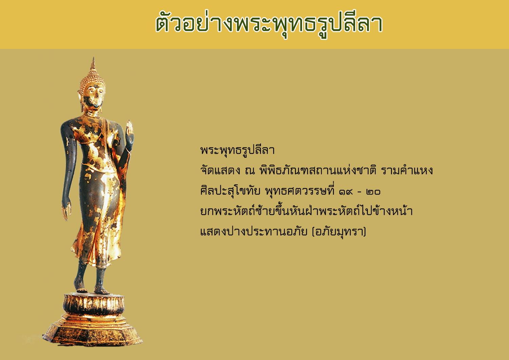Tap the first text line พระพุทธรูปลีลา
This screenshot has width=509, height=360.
point(238,150)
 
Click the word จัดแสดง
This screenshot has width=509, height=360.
point(220,170)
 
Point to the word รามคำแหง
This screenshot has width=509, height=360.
point(407,170)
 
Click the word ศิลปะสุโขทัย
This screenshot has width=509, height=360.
point(230,191)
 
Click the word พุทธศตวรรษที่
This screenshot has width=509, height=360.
point(300,191)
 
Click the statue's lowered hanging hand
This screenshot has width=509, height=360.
point(66,210)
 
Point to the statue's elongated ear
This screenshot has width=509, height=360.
point(80,101)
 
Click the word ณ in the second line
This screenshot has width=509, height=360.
point(250,171)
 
